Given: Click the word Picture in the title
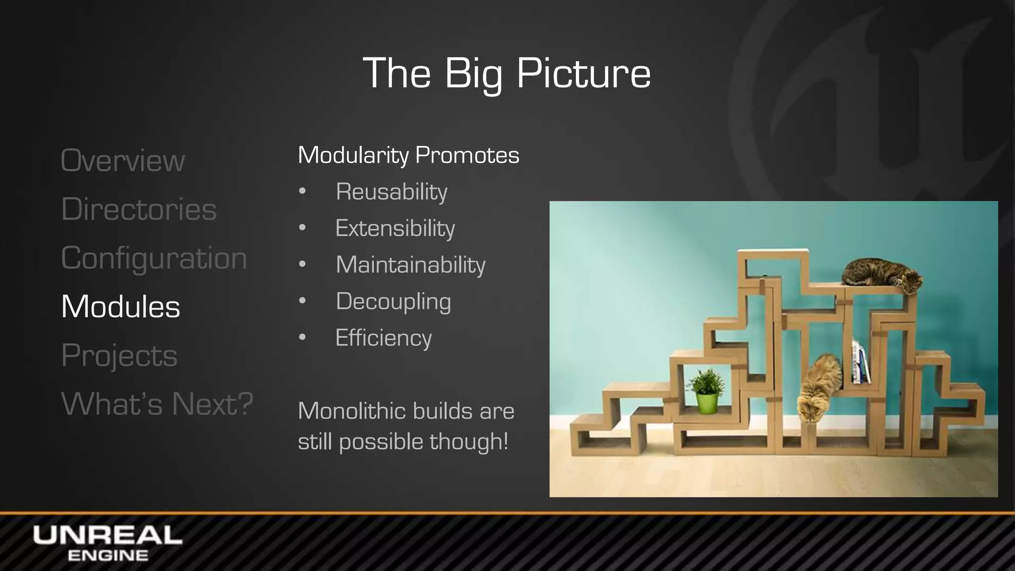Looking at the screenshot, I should pos(583,73).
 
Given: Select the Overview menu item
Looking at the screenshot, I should pos(122,161).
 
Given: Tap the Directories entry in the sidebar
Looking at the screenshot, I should pos(139,209).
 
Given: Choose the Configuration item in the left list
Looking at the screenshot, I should pos(154,258).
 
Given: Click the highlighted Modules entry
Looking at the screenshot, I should pos(120,306).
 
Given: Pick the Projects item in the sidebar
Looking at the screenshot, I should pos(119,355).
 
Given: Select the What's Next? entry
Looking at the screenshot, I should pos(157,403).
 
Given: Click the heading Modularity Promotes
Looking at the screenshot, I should pos(408,155).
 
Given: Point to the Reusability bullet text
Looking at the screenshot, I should pos(391,191).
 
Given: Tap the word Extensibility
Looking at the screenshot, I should pos(395,228).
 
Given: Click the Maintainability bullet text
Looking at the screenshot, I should pos(410,265).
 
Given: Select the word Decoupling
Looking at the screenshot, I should pos(393,301).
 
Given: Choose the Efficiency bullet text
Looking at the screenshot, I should pos(383,338).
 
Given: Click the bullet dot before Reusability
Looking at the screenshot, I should pos(302,191).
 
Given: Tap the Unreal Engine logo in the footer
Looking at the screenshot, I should pos(107,543).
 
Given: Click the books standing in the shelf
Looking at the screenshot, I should pos(861,362).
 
